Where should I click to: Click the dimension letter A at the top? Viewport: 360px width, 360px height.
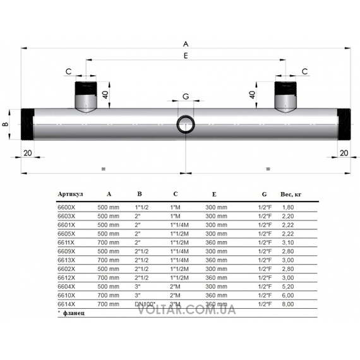[185, 44]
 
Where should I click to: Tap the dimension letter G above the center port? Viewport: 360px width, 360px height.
[185, 96]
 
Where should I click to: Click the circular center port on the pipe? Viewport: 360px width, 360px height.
[185, 123]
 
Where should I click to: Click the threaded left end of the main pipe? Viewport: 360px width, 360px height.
[28, 124]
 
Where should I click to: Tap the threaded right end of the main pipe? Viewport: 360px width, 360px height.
[344, 124]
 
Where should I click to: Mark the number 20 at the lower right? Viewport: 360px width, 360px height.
[344, 153]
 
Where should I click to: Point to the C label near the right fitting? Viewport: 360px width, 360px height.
[304, 71]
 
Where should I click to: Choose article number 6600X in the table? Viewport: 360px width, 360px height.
[66, 207]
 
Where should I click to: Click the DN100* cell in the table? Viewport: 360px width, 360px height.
[147, 304]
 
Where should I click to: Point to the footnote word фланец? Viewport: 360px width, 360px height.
[73, 313]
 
